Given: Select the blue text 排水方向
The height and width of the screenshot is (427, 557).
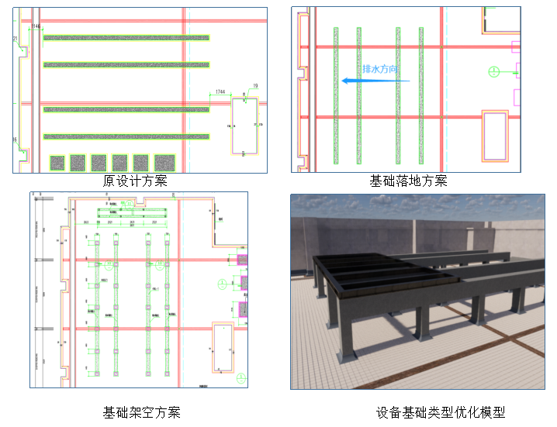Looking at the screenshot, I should (380, 68).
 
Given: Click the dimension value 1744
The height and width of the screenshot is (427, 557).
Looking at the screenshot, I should (220, 92).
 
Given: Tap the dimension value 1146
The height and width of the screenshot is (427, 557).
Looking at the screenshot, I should (36, 26).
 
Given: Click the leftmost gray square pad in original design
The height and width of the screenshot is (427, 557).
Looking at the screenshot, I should (57, 162).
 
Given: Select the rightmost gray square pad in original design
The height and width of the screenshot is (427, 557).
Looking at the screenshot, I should (164, 162).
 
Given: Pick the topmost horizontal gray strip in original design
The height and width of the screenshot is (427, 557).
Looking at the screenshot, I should (126, 37).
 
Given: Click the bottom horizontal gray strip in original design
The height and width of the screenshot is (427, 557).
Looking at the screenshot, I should (126, 136).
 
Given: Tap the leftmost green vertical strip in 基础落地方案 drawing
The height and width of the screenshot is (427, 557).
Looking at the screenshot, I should (336, 95).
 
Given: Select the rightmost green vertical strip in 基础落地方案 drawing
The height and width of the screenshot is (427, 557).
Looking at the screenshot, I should (420, 95).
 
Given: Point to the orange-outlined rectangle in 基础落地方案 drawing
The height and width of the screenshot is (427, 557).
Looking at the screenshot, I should (494, 135).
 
